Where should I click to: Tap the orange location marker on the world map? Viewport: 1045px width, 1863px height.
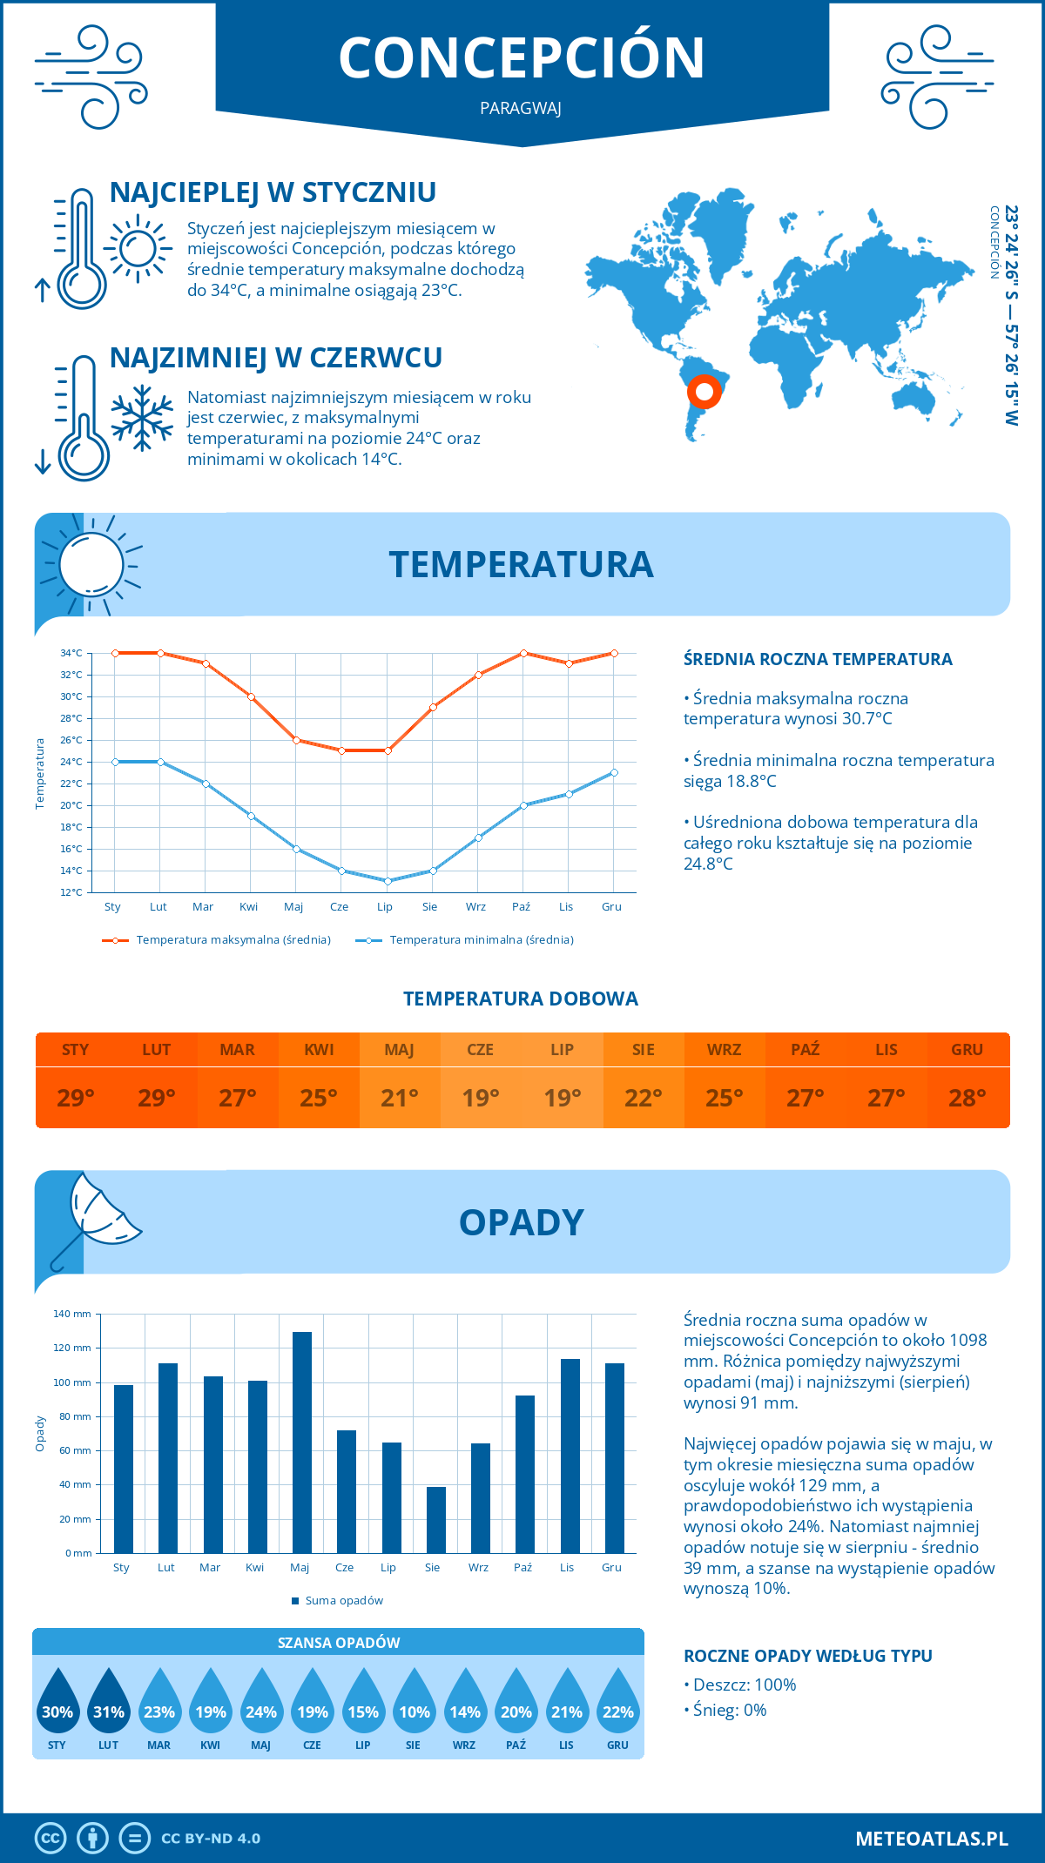704,391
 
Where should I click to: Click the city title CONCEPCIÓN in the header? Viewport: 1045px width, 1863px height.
522,58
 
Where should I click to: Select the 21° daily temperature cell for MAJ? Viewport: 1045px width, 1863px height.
400,1098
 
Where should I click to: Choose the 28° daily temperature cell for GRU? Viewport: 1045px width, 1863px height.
967,1098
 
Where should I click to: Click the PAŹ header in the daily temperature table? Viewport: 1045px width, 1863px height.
805,1050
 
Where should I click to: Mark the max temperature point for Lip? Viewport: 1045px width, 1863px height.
388,750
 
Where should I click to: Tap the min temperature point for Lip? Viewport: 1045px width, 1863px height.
388,881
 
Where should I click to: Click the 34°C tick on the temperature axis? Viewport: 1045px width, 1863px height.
71,653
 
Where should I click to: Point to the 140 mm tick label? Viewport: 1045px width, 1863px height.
72,1314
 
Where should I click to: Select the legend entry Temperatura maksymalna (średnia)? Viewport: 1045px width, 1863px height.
217,940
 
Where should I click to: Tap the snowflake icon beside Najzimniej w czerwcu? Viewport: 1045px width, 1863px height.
142,418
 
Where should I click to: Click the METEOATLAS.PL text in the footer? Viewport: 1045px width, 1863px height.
932,1839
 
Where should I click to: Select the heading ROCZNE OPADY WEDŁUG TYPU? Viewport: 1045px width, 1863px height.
807,1656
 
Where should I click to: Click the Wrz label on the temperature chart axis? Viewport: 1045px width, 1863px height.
475,907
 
